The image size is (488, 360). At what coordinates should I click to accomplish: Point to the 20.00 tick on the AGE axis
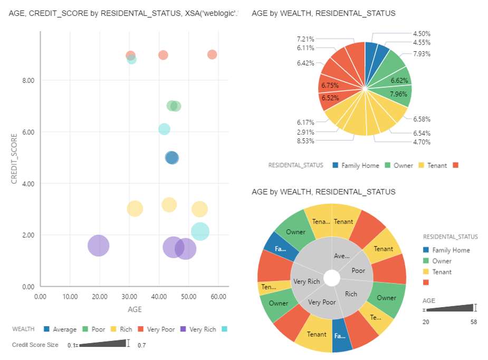(100, 297)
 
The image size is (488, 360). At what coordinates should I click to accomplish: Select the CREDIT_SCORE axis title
(15, 158)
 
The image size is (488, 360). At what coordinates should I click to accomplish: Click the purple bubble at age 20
(98, 245)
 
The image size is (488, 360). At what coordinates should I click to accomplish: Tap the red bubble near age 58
(212, 54)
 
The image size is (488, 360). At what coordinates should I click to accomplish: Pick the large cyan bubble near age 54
(200, 231)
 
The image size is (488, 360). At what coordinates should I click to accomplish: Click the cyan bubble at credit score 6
(165, 129)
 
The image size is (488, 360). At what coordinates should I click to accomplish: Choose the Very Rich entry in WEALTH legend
(203, 329)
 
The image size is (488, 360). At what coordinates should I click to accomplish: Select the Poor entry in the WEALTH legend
(98, 329)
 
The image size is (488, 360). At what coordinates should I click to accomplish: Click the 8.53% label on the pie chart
(305, 141)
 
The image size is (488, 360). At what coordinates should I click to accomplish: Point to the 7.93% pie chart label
(422, 53)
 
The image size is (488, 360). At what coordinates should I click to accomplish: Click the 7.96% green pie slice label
(398, 94)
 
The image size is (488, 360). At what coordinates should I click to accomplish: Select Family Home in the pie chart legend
(360, 165)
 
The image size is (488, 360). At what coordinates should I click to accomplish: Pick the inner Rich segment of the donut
(351, 294)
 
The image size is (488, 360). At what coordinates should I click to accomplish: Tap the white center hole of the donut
(332, 278)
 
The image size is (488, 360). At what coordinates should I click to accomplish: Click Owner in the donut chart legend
(442, 261)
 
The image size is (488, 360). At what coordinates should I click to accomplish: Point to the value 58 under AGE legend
(473, 320)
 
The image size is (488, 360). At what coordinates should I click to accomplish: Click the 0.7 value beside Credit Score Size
(142, 345)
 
